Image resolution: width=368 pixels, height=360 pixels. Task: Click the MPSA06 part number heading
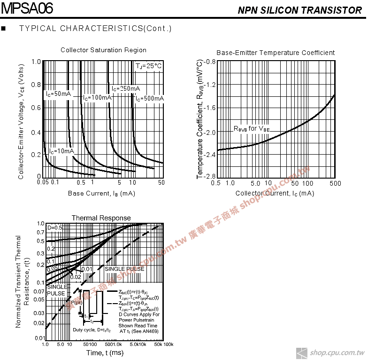(27, 8)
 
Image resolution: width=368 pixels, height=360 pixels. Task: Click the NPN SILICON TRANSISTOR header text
(299, 10)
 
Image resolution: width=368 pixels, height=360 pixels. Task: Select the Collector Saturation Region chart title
(103, 50)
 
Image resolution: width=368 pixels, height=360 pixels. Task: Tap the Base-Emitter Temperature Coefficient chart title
(276, 53)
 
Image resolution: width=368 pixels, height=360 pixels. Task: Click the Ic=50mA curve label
(58, 94)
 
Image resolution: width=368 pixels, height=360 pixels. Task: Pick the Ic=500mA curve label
(150, 98)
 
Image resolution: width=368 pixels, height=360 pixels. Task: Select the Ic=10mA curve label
(61, 151)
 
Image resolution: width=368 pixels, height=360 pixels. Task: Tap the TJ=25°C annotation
(149, 66)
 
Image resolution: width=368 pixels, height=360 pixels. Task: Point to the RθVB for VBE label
(252, 129)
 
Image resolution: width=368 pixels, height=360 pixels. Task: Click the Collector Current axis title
(275, 194)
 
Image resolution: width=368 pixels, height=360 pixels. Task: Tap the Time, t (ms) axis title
(105, 353)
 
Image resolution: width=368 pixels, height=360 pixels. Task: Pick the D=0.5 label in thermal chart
(55, 228)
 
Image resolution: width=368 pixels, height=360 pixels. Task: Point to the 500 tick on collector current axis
(335, 183)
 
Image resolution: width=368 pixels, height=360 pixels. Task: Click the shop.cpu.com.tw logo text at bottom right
(337, 352)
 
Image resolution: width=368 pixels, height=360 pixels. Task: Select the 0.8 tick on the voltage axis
(36, 85)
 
